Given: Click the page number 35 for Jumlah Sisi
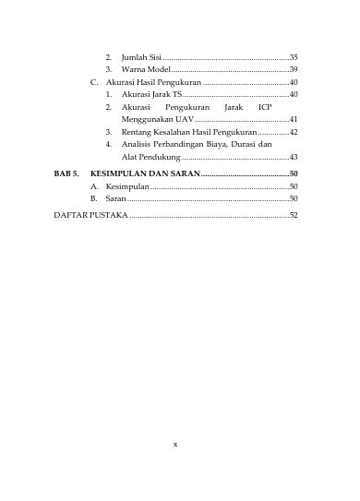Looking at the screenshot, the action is coord(294,57).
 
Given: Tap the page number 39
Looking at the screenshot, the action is coord(294,69).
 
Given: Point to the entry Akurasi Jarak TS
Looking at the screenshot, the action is coord(151,94).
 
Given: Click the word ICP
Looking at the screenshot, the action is coord(265,107).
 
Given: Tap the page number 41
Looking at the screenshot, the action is coord(294,119).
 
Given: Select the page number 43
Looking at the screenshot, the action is coord(294,158).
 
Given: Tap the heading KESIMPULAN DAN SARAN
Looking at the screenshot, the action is coord(144,173).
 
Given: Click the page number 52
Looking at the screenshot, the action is coord(294,215).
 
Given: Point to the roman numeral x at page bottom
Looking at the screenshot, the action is coord(175,444).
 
